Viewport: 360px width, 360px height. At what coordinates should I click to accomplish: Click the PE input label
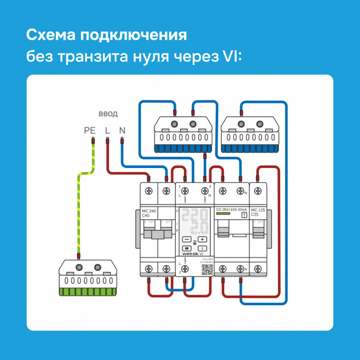90,131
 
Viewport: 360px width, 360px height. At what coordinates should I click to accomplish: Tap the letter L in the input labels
107,131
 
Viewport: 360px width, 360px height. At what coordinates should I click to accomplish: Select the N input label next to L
122,131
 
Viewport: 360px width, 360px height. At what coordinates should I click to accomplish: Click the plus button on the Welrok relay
203,239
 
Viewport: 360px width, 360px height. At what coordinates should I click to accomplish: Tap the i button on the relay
203,247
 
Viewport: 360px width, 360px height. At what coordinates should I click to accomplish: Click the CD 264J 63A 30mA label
232,210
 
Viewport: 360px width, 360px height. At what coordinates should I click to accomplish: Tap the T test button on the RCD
244,214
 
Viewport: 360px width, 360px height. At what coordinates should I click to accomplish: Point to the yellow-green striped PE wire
79,209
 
